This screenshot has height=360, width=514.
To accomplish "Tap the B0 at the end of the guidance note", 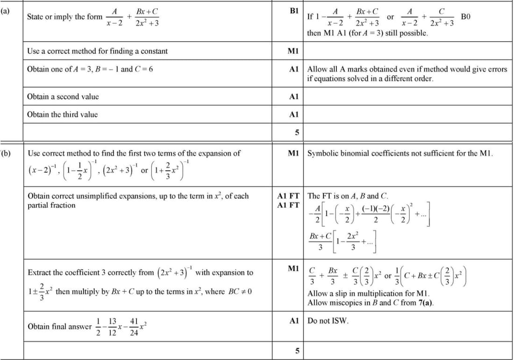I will (465, 17).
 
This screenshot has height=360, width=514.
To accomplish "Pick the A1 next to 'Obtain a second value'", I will (294, 97).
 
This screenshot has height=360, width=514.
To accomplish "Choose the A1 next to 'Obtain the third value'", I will (294, 114).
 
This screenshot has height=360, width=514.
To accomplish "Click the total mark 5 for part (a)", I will (296, 132).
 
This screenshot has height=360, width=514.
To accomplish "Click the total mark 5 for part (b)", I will (296, 352).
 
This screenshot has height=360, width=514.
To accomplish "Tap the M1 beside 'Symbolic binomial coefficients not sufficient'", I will (294, 153).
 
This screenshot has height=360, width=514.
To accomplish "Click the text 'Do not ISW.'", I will (328, 321).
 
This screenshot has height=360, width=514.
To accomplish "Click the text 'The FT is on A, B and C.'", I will (347, 196).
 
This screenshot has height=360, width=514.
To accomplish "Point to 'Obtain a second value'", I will (63, 97).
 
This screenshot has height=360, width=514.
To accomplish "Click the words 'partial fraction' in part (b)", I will (51, 205).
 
